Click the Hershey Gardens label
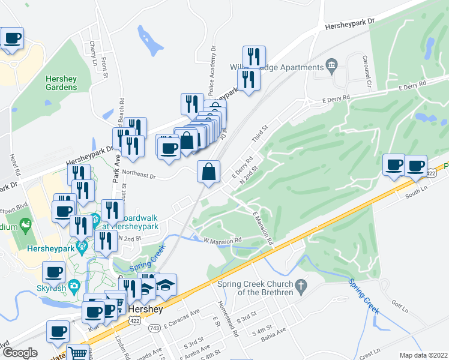click(61, 83)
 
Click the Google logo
click(20, 353)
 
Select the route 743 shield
click(154, 328)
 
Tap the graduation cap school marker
click(166, 284)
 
